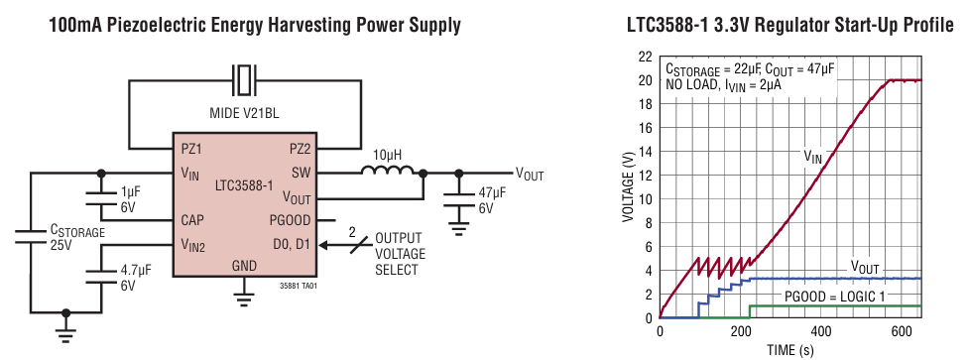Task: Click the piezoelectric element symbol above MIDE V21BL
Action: pos(244,77)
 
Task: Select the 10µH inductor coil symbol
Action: pos(388,172)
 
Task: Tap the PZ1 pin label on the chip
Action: pos(192,149)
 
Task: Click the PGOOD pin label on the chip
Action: pos(291,219)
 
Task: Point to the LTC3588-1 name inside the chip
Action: pos(243,185)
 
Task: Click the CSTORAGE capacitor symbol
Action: pos(31,236)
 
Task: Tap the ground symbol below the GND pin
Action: pos(244,293)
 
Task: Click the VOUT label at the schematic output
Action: pos(529,174)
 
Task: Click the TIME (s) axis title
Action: pos(791,349)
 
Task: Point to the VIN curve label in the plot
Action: pos(812,156)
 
